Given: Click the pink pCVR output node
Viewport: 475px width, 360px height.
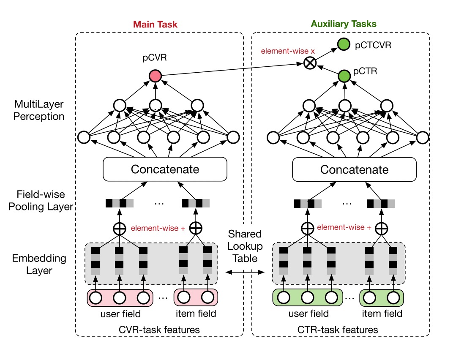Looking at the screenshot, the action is [x=156, y=76].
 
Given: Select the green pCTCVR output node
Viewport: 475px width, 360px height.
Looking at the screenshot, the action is [x=344, y=44].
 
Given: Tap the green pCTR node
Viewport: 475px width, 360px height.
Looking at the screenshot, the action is [x=344, y=76].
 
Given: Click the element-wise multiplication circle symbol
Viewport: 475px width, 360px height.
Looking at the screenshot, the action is [x=310, y=63].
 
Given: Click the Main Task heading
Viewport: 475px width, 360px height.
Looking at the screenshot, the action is [x=155, y=24].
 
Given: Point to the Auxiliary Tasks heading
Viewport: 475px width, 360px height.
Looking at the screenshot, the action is [x=344, y=24].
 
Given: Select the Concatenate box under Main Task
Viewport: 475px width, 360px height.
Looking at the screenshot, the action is [x=165, y=169].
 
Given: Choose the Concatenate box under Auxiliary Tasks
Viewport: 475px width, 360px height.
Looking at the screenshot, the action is [x=355, y=169].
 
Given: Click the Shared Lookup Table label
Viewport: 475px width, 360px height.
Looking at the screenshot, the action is [x=245, y=246].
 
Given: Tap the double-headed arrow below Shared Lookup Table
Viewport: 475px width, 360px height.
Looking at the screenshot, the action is [x=245, y=272].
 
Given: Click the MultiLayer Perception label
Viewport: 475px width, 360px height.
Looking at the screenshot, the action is [x=39, y=110].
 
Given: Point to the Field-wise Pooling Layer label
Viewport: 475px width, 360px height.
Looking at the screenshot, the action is [x=41, y=200].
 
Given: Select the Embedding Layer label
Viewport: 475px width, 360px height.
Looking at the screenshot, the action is [x=39, y=264].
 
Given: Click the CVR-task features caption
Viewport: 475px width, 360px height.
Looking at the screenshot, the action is [x=159, y=330].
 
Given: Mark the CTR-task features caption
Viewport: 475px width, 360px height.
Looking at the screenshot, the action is [x=338, y=330].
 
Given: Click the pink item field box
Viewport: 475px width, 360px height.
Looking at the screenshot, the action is [x=196, y=297].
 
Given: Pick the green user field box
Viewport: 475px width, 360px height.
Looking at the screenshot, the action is [x=308, y=297].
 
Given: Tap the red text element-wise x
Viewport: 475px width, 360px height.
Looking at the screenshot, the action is [x=288, y=51].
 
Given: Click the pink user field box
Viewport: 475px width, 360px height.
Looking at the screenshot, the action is [x=120, y=298].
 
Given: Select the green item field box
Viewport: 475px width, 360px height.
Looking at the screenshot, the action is [x=381, y=298].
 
